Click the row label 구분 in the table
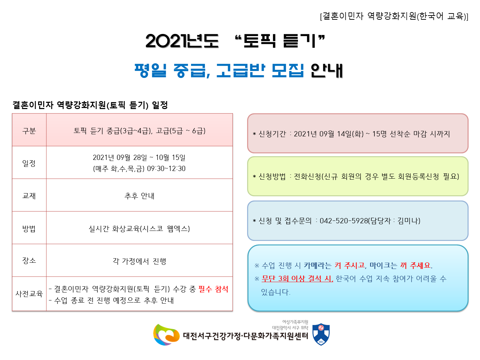(29, 131)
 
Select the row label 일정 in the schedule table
(29, 163)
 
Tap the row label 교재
(29, 196)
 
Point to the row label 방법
(29, 228)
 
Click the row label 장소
(29, 261)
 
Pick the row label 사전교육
(29, 294)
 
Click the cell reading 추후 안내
(139, 196)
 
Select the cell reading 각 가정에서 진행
(139, 261)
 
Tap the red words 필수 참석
(213, 289)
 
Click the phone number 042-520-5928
(344, 221)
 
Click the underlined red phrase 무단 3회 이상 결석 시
(297, 279)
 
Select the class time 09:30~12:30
(166, 169)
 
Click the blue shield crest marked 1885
(321, 334)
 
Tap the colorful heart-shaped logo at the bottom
(166, 335)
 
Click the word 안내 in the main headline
(326, 70)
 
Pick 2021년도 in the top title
(182, 41)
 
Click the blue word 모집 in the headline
(288, 70)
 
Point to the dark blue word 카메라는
(318, 265)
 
